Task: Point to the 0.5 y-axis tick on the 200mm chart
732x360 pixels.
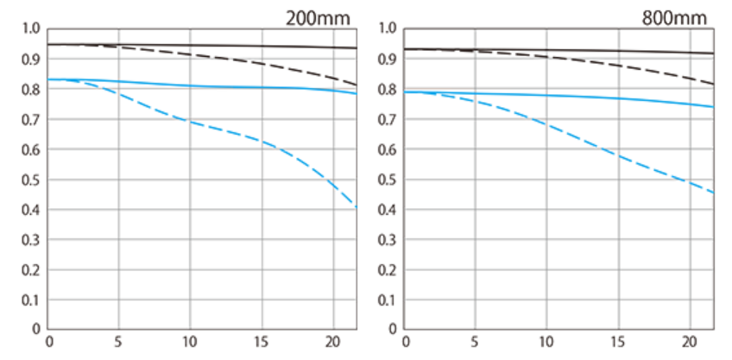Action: click(31, 180)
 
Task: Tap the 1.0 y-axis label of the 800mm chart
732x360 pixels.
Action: click(388, 28)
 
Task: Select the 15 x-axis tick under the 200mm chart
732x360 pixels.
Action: click(261, 341)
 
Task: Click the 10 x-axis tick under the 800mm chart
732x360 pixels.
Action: click(546, 341)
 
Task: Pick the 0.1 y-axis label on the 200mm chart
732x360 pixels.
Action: click(31, 300)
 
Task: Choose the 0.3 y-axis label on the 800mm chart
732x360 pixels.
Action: click(388, 240)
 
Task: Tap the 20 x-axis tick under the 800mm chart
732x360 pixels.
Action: click(689, 341)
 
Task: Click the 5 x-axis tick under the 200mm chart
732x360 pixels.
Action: click(119, 341)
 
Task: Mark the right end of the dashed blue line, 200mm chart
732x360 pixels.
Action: click(357, 207)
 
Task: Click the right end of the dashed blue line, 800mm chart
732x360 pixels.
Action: click(713, 192)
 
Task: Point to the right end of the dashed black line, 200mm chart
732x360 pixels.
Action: click(357, 85)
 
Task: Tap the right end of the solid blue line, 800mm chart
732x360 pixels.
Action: click(713, 107)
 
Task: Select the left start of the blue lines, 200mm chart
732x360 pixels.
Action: click(49, 79)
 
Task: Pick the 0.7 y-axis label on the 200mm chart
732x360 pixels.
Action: click(31, 119)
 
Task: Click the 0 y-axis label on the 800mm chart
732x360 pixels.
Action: click(394, 330)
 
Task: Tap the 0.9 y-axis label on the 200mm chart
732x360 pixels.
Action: click(31, 59)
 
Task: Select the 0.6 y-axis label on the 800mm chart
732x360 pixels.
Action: click(388, 149)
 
